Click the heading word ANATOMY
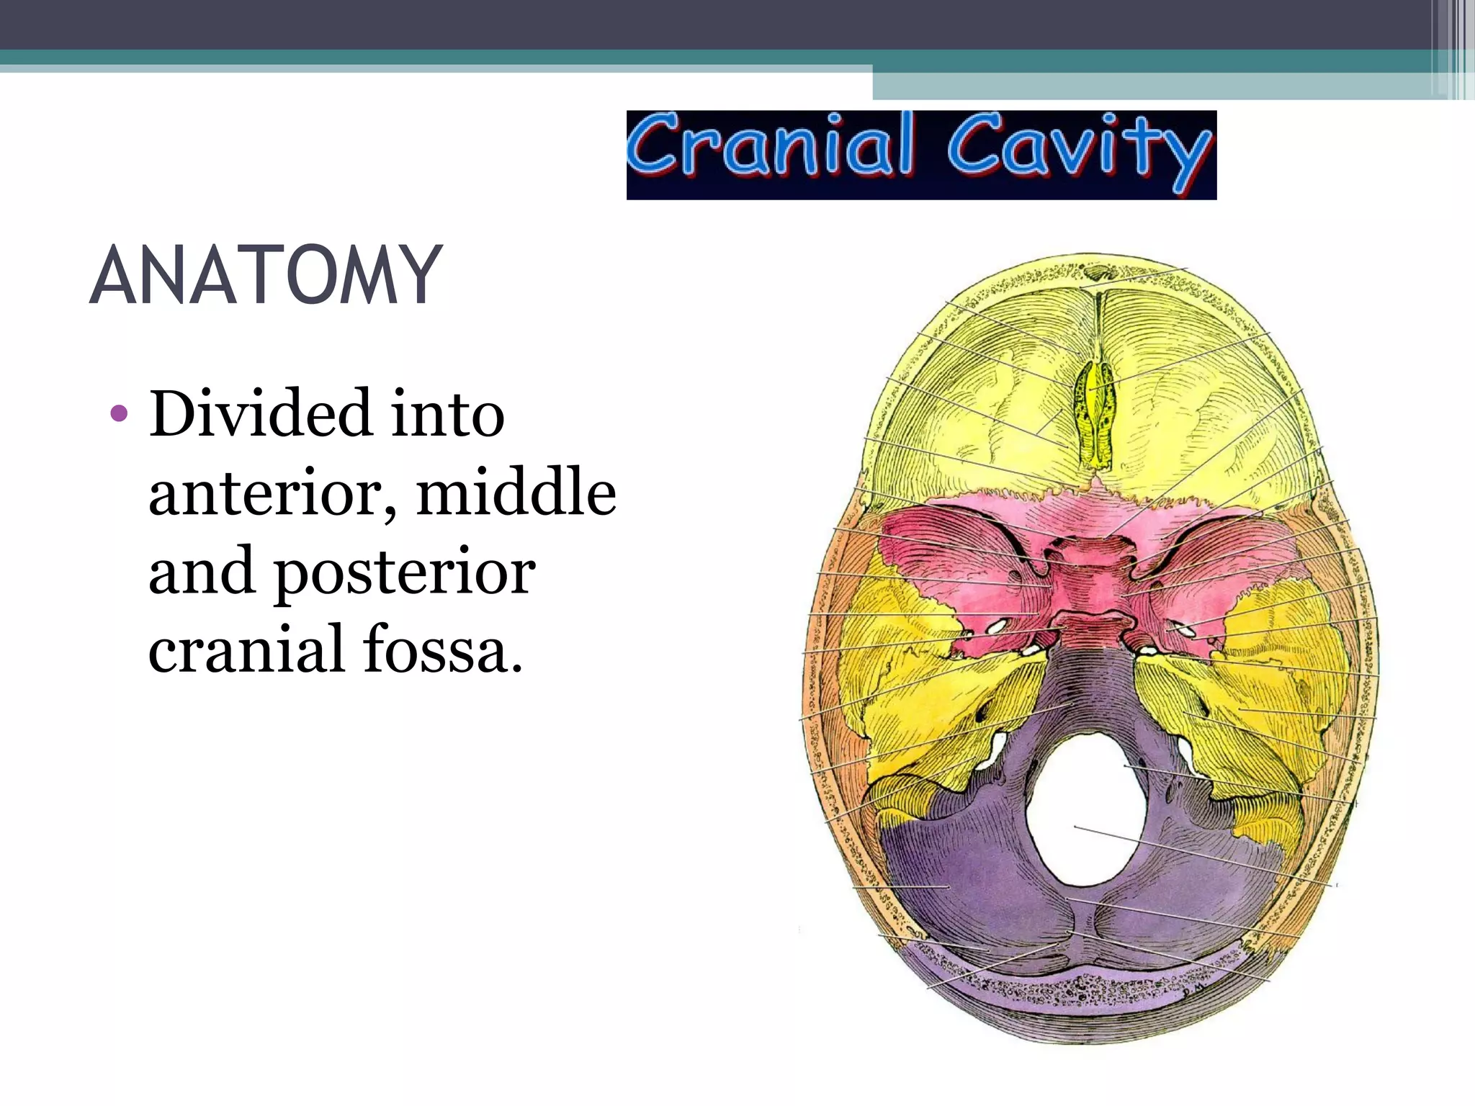tap(265, 275)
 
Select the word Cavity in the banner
tap(1078, 150)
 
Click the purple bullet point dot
tap(119, 415)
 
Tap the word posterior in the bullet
tap(405, 573)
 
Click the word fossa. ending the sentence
tap(442, 649)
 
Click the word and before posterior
tap(202, 572)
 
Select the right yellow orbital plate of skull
tap(1210, 418)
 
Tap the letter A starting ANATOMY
tap(116, 275)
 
